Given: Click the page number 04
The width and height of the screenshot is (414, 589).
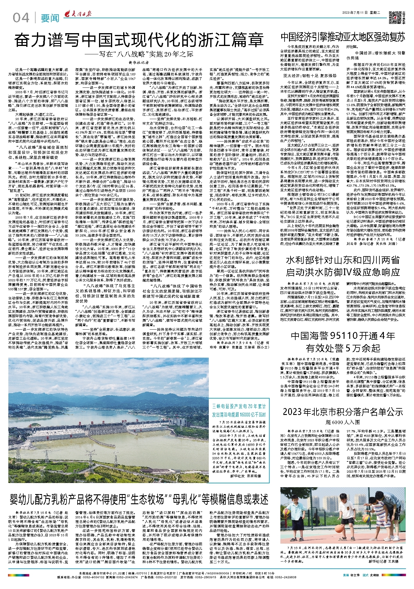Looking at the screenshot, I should click(x=21, y=18).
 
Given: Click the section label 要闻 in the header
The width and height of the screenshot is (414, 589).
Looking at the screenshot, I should click(x=50, y=19).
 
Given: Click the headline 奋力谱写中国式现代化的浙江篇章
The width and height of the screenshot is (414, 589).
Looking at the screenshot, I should click(x=139, y=40).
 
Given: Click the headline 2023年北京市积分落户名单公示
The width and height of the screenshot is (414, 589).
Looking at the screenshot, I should click(x=343, y=412).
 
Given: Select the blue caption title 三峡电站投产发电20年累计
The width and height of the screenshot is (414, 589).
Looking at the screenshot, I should click(x=239, y=407).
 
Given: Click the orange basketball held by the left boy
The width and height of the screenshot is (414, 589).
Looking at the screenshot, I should click(x=287, y=512).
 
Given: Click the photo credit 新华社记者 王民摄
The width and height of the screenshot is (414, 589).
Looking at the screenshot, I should click(x=384, y=561).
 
